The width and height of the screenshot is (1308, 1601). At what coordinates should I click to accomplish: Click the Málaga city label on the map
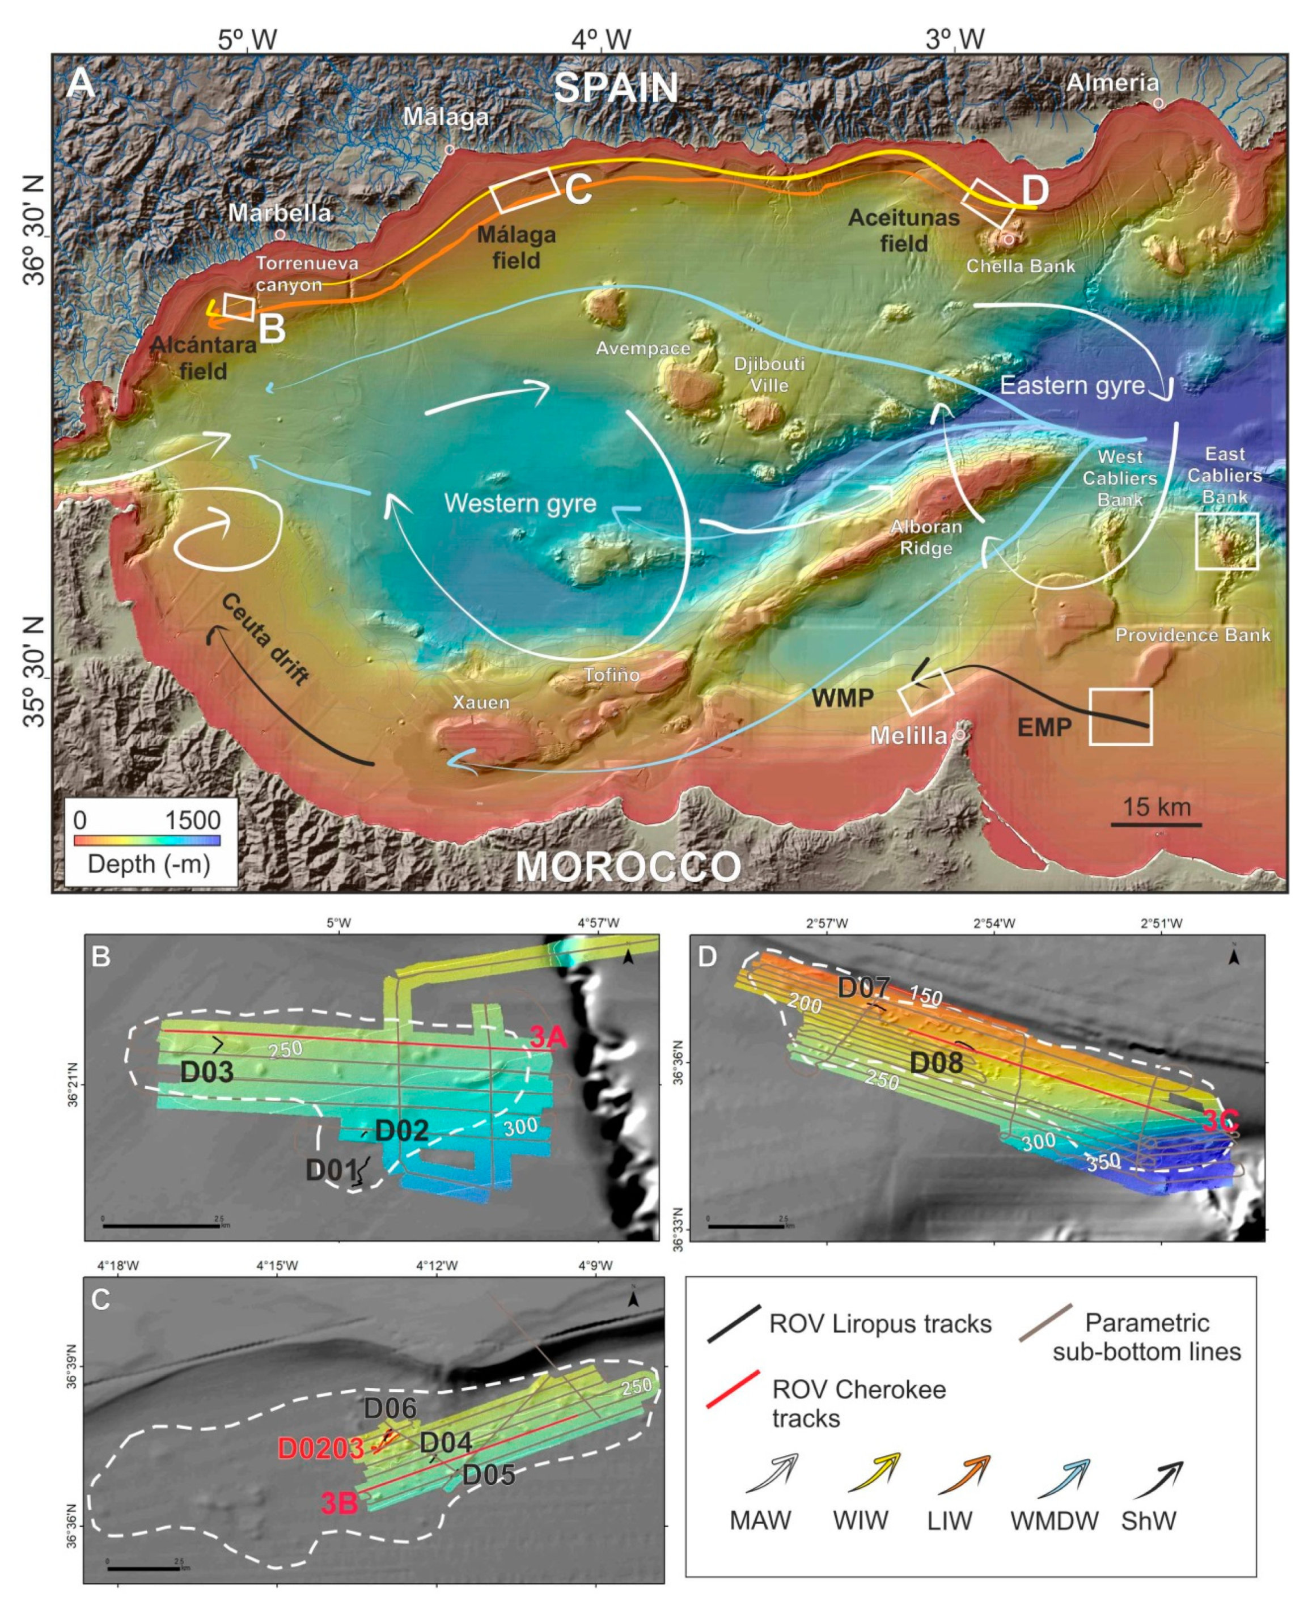click(x=446, y=117)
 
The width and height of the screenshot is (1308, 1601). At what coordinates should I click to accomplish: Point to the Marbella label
click(x=280, y=213)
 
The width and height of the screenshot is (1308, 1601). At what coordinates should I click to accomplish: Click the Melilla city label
click(x=909, y=735)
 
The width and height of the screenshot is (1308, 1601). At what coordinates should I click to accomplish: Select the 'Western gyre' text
click(x=520, y=503)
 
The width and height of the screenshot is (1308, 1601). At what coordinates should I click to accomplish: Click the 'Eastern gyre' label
click(x=1072, y=386)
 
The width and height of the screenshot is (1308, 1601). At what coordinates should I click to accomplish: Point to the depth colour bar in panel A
click(x=147, y=839)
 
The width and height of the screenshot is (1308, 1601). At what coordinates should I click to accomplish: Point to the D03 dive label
click(x=206, y=1071)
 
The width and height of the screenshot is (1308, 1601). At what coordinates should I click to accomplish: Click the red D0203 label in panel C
click(x=321, y=1448)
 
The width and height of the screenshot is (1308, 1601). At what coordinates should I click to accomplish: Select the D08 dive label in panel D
click(x=936, y=1062)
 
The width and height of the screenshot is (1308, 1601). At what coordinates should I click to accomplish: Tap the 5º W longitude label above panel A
click(x=248, y=39)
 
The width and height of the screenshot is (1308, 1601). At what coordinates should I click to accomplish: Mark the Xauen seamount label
click(x=481, y=702)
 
